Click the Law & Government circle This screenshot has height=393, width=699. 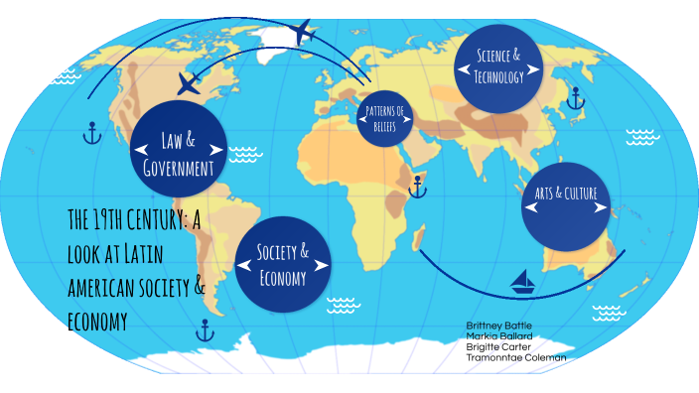[x=179, y=151]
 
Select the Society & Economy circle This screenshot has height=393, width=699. [x=283, y=264]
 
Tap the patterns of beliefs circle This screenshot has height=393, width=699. [x=385, y=120]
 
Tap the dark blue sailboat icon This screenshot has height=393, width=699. [x=523, y=283]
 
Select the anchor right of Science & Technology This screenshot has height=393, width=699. [x=574, y=98]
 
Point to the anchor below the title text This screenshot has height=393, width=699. [x=205, y=329]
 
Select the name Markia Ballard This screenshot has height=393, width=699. [x=498, y=336]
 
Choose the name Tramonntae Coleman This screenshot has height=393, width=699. [x=516, y=357]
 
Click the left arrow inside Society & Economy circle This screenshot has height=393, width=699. [x=244, y=265]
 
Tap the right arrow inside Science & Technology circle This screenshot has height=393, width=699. [x=535, y=69]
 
